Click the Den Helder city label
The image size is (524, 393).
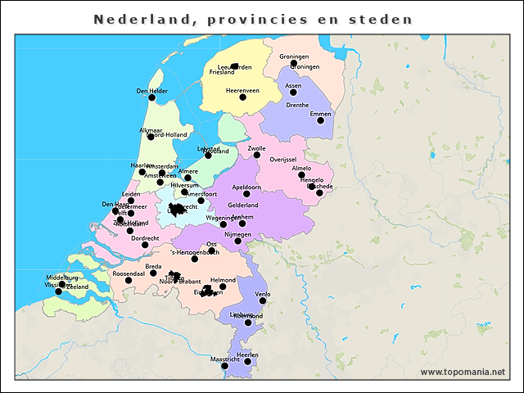[151, 91]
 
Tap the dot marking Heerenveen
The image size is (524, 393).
[242, 97]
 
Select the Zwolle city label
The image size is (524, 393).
[256, 148]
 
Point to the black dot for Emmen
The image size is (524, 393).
[320, 120]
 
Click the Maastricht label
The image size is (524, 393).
[225, 359]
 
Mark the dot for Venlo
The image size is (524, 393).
[263, 300]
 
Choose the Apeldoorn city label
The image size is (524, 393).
[246, 187]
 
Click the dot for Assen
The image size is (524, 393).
[293, 92]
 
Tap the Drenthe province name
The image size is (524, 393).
[297, 105]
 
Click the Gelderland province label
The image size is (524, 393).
[242, 205]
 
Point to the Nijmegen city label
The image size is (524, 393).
[237, 234]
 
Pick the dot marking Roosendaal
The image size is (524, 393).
[128, 280]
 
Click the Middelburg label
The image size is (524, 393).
[61, 278]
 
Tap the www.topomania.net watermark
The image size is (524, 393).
[463, 373]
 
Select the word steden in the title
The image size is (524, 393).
[384, 18]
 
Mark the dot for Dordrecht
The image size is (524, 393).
[145, 245]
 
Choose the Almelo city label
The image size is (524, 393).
[301, 168]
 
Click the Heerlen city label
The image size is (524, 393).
[247, 355]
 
